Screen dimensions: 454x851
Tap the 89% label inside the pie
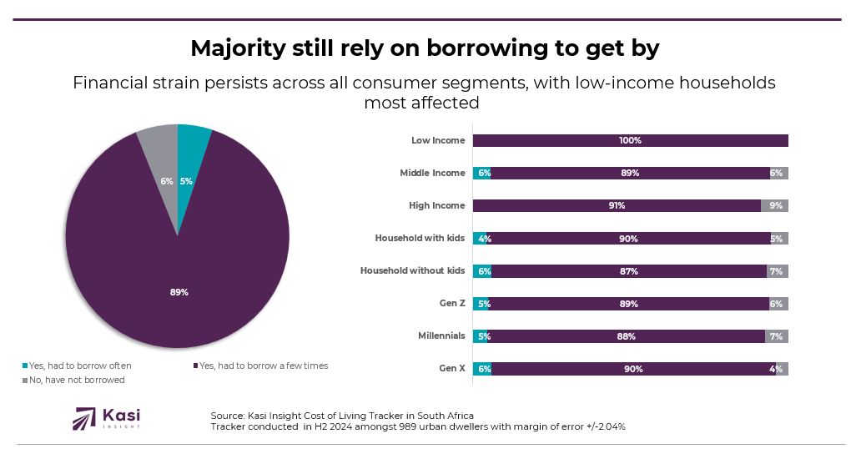pyautogui.click(x=179, y=292)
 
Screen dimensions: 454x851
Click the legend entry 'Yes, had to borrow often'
pyautogui.click(x=80, y=366)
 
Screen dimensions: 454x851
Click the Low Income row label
pyautogui.click(x=438, y=140)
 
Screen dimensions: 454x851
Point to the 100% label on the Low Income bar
pyautogui.click(x=630, y=140)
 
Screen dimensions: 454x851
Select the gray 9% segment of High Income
pyautogui.click(x=774, y=205)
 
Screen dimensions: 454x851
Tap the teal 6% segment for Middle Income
pyautogui.click(x=481, y=173)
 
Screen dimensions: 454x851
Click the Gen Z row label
pyautogui.click(x=451, y=303)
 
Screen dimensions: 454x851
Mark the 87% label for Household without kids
pyautogui.click(x=629, y=271)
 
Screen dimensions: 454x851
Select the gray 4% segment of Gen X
pyautogui.click(x=782, y=369)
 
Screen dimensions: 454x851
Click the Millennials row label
pyautogui.click(x=441, y=335)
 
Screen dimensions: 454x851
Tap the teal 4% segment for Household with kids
pyautogui.click(x=480, y=239)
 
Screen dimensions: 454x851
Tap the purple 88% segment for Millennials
pyautogui.click(x=626, y=336)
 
